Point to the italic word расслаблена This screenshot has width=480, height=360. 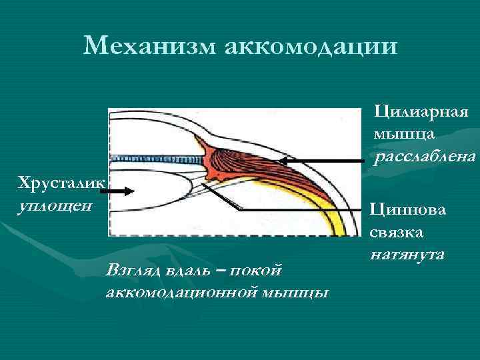tap(425, 158)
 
